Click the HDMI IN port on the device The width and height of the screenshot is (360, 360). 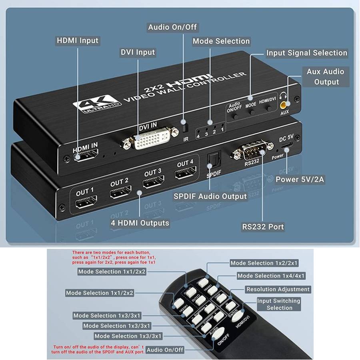86,157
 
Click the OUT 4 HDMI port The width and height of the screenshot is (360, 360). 185,174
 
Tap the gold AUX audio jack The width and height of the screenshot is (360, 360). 284,105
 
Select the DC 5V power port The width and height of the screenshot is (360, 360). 286,148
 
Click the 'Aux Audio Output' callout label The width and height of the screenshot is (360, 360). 326,76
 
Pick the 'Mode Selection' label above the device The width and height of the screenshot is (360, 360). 221,41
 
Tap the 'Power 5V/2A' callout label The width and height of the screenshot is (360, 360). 300,180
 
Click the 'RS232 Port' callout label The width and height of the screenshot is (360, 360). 263,227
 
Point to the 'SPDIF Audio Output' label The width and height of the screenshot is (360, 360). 210,196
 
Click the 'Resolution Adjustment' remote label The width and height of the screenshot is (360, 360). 278,289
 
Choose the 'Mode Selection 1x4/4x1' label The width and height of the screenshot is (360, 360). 270,276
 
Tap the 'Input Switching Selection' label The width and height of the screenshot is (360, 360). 279,304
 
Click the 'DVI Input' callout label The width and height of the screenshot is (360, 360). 138,52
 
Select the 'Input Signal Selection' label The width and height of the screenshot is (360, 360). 306,53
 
